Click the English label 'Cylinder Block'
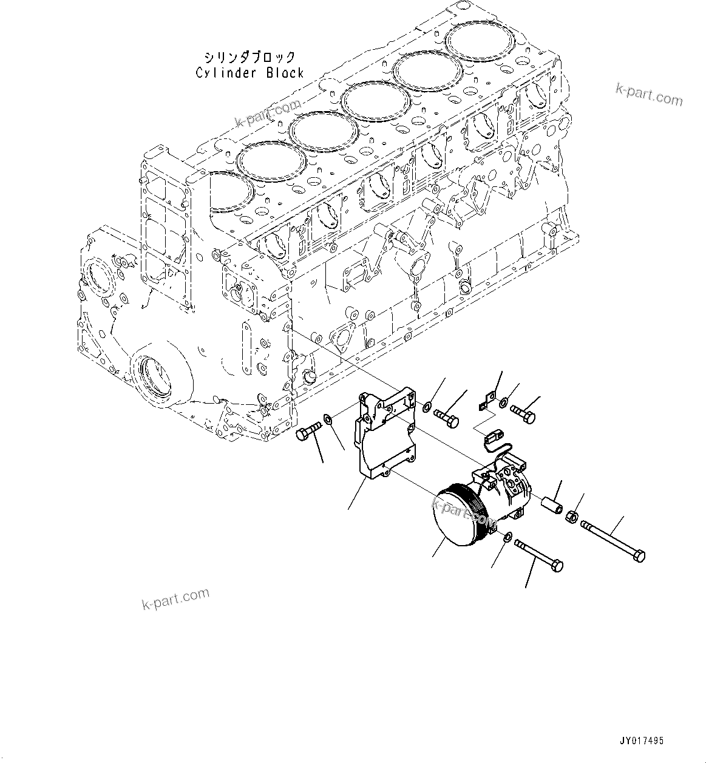pyautogui.click(x=249, y=73)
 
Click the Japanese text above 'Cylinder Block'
pyautogui.click(x=249, y=58)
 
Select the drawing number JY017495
pyautogui.click(x=642, y=741)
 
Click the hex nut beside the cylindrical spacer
pyautogui.click(x=571, y=517)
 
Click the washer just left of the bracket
pyautogui.click(x=328, y=418)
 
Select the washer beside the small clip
pyautogui.click(x=504, y=402)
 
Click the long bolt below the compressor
pyautogui.click(x=538, y=555)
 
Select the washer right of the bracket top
pyautogui.click(x=427, y=406)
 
